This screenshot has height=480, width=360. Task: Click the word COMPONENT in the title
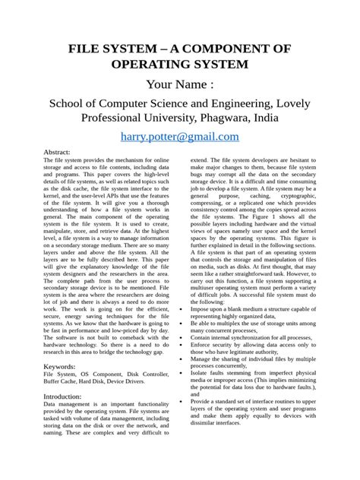point(243,50)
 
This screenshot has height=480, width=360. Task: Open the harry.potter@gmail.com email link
point(180,136)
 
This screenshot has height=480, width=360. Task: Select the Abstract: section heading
point(61,153)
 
